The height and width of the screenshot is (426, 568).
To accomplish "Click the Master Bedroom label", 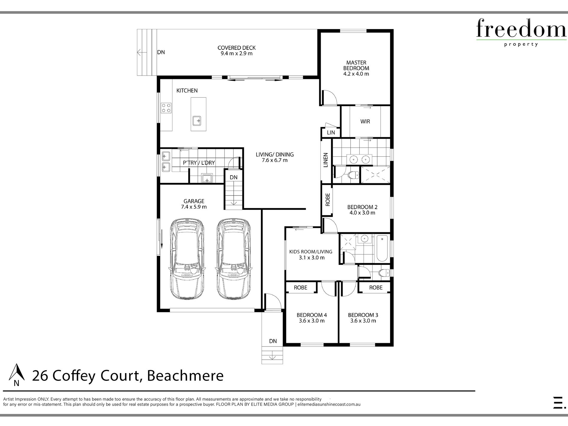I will pyautogui.click(x=356, y=65).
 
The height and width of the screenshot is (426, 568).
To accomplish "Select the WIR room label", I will pyautogui.click(x=365, y=121).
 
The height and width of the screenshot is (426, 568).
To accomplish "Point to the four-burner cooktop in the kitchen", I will pyautogui.click(x=166, y=108).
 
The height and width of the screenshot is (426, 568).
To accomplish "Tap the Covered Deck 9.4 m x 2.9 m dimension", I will pyautogui.click(x=236, y=54).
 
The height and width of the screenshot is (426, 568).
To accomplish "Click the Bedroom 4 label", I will pyautogui.click(x=312, y=315).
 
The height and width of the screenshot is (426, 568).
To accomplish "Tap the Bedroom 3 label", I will pyautogui.click(x=363, y=315).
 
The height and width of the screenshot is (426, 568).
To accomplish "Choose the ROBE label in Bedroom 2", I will pyautogui.click(x=327, y=199).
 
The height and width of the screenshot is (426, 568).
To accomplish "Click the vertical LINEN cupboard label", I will pyautogui.click(x=326, y=160).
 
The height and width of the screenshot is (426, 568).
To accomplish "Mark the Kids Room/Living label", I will pyautogui.click(x=311, y=252).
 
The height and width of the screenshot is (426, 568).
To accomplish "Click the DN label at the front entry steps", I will pyautogui.click(x=273, y=341).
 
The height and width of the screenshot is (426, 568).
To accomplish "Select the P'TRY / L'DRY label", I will pyautogui.click(x=199, y=163).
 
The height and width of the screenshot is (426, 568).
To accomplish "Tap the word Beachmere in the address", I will pyautogui.click(x=185, y=376).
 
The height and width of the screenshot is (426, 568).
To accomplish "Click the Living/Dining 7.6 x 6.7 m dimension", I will pyautogui.click(x=274, y=160).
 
